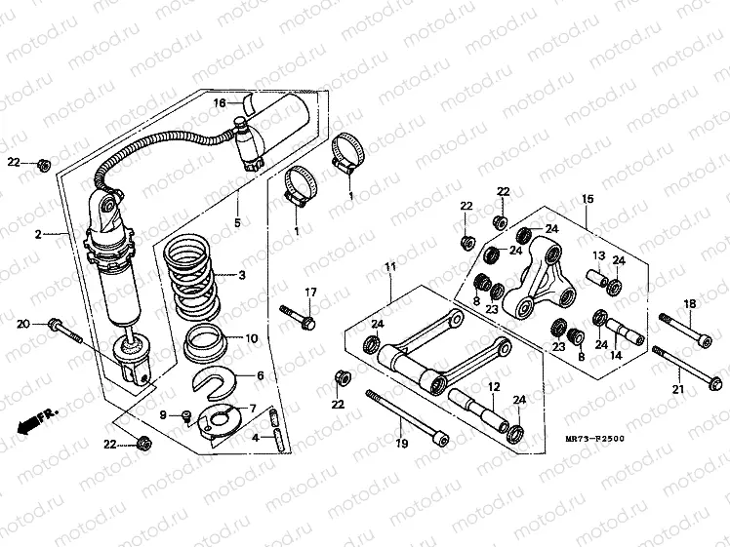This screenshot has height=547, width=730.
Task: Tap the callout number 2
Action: (38, 235)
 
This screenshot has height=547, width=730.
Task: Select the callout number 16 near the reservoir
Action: (220, 102)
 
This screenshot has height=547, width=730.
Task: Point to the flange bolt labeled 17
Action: (298, 317)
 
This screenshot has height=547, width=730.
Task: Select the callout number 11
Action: (388, 267)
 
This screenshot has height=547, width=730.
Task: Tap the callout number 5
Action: (235, 224)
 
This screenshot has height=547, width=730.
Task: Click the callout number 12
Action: (493, 388)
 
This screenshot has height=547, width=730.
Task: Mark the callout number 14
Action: (616, 357)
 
